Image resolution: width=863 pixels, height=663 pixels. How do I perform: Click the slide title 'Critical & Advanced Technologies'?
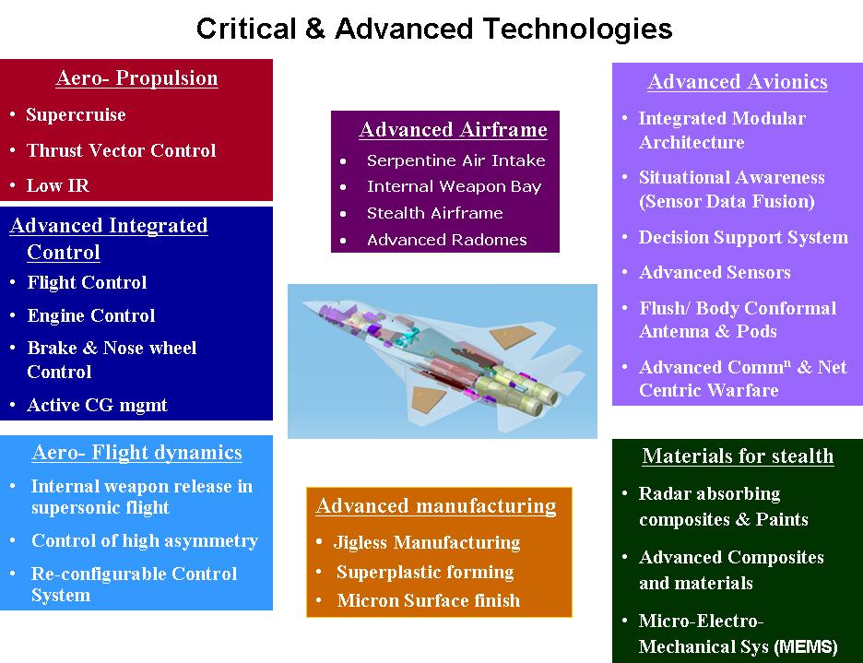click(x=434, y=29)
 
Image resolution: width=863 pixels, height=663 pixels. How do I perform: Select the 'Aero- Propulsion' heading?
click(x=136, y=78)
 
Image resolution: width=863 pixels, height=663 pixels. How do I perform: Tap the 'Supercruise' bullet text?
click(x=76, y=114)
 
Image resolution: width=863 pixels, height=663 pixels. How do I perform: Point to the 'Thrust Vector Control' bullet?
click(x=121, y=150)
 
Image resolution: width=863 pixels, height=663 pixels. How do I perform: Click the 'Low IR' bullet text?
click(x=58, y=185)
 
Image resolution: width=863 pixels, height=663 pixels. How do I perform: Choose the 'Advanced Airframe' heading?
click(x=453, y=129)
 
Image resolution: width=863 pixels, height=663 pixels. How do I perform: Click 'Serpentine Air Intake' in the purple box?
click(x=455, y=160)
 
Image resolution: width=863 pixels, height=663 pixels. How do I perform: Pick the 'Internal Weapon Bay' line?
click(x=454, y=186)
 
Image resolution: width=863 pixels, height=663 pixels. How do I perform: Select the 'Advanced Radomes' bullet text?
click(x=446, y=240)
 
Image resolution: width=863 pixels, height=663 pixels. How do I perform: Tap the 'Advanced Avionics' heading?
click(x=738, y=81)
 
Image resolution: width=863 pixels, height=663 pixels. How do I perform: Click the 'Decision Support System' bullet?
click(x=743, y=237)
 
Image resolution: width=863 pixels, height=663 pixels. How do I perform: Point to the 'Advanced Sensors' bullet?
click(x=715, y=273)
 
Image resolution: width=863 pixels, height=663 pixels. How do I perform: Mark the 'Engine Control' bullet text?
click(x=90, y=315)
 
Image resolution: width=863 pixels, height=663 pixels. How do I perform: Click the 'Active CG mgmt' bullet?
click(x=97, y=406)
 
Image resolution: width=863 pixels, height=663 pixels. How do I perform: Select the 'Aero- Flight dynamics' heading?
click(x=136, y=453)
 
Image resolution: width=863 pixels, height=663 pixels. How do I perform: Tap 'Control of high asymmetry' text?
click(x=144, y=540)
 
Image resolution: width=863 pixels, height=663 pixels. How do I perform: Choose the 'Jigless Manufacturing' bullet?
click(x=427, y=543)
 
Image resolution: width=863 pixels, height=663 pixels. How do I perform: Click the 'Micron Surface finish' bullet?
click(x=428, y=600)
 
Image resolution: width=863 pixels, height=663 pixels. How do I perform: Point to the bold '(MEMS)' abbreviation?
click(x=806, y=646)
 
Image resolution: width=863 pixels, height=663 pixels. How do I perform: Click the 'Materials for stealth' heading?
click(x=738, y=456)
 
